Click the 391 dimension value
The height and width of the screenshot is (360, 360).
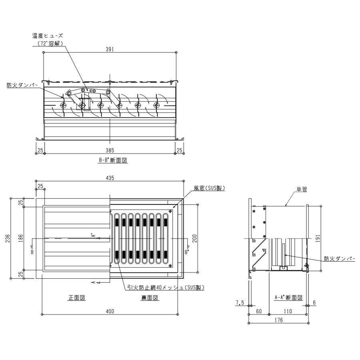(110, 49)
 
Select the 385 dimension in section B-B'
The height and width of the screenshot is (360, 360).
(110, 150)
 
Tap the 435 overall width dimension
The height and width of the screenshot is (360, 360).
(110, 178)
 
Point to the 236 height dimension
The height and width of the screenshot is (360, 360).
(8, 238)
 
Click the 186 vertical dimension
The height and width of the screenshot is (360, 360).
(21, 238)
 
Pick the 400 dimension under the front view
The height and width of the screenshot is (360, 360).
(110, 311)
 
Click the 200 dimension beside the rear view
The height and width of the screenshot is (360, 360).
(194, 238)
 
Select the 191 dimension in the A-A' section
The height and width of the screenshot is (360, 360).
(318, 238)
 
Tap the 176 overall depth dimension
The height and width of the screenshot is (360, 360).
(278, 320)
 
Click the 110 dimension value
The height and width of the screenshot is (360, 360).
(288, 311)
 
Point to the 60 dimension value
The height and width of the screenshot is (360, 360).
(259, 311)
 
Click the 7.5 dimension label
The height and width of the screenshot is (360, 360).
(240, 303)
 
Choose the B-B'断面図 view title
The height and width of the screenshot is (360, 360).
(113, 160)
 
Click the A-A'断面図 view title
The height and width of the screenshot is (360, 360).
(288, 298)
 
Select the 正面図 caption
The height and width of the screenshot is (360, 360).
(77, 298)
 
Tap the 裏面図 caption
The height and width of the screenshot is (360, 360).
(150, 298)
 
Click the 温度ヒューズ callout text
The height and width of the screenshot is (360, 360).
(47, 36)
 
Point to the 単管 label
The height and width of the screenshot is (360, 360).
(302, 190)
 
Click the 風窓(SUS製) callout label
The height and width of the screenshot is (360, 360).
(209, 188)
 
